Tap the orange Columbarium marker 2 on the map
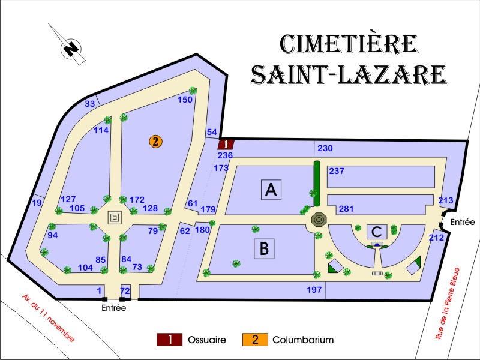coord(155,142)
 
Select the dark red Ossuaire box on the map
coord(225,144)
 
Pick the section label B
coord(264,248)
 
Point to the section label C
coord(376,231)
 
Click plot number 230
coord(325,148)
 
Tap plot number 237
coord(337,171)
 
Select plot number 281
coord(346,209)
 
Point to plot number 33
coord(89,104)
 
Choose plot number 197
coord(314,290)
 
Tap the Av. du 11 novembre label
coord(48,317)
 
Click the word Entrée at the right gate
coord(463,222)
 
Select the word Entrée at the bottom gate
coord(114,308)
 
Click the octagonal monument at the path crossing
coord(317,220)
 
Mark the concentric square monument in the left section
coord(115,217)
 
